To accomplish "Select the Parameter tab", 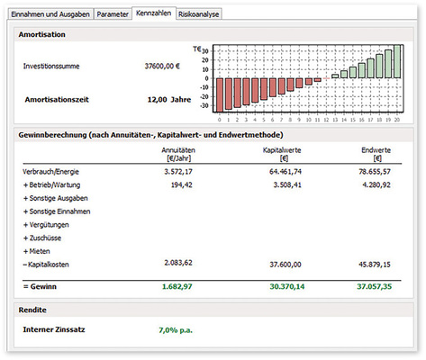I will tap(113, 15).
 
